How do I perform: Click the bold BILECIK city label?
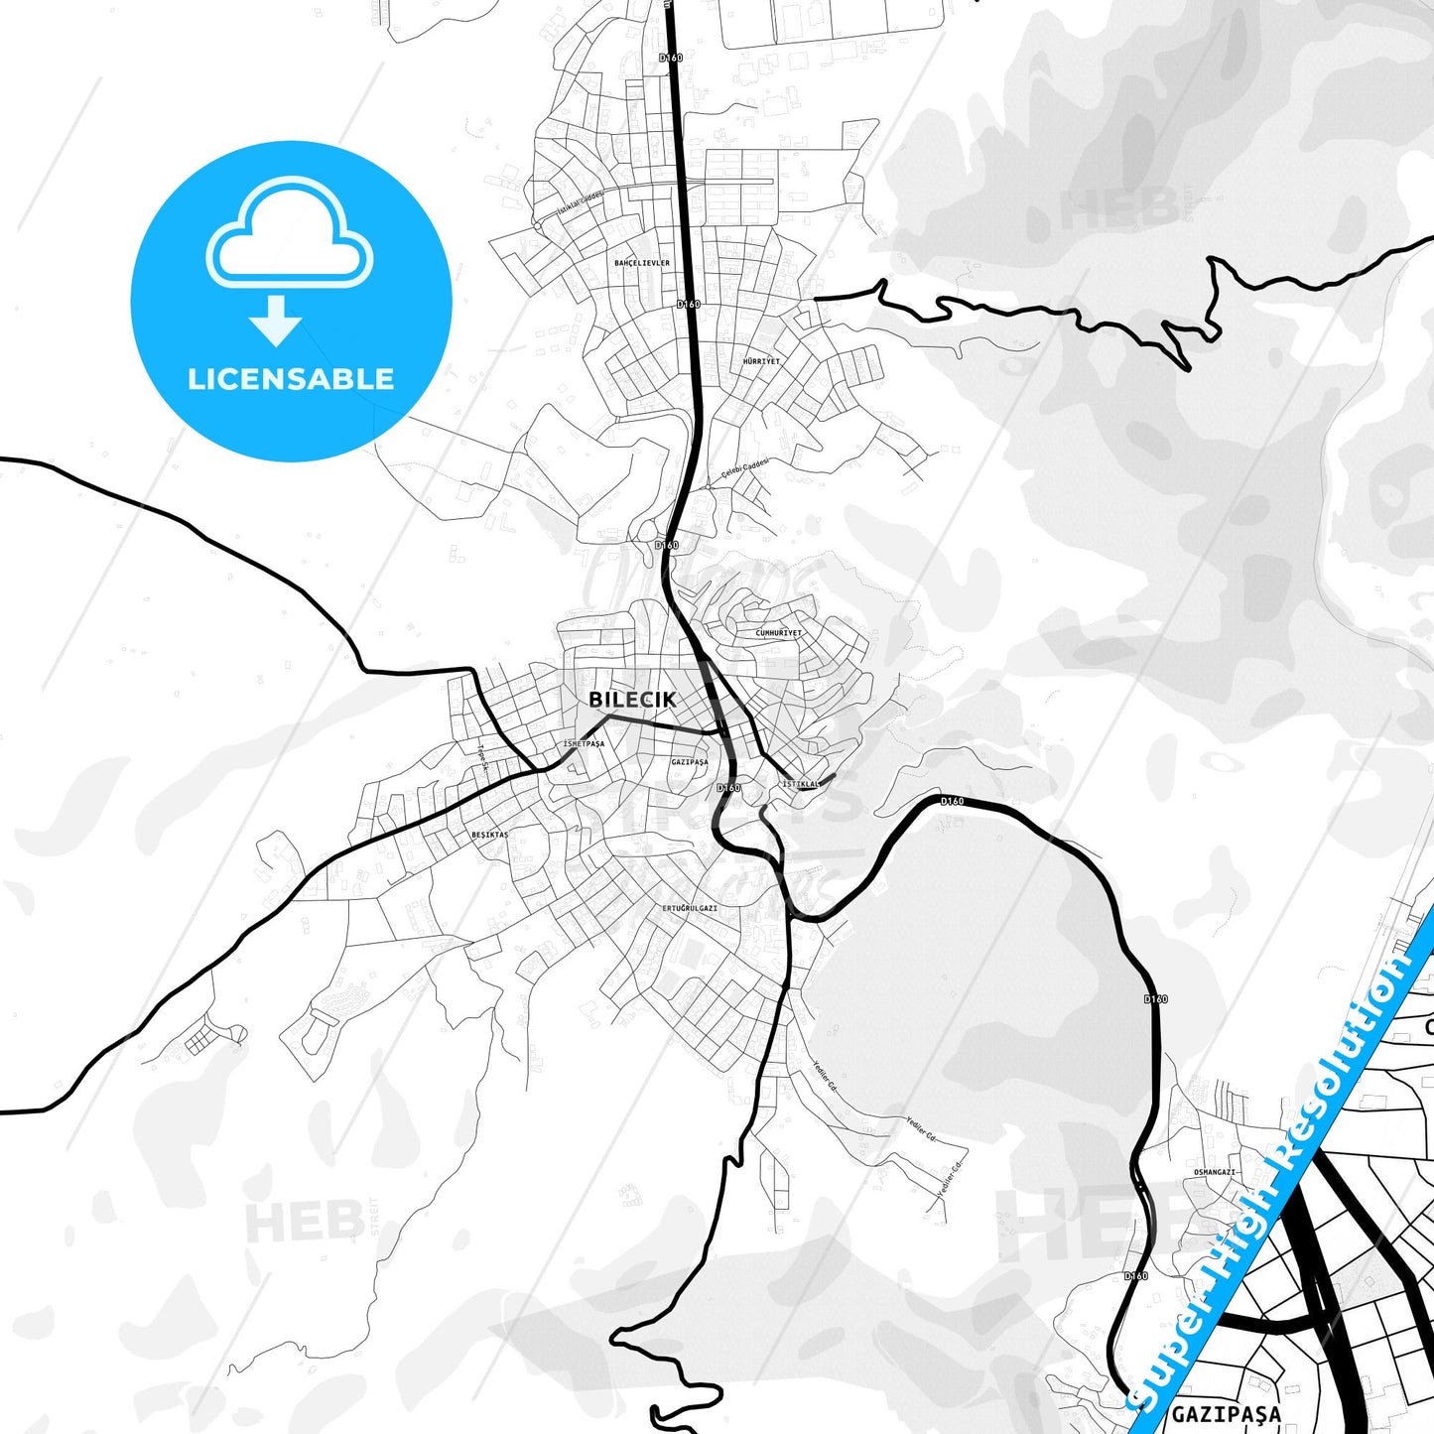point(632,700)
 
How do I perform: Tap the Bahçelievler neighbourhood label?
point(642,263)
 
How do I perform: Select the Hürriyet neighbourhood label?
point(761,361)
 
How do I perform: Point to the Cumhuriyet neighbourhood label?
point(778,632)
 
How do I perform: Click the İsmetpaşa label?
point(584,743)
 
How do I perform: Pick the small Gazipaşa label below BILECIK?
point(689,762)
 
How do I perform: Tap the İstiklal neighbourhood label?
point(801,784)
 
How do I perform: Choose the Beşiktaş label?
point(489,835)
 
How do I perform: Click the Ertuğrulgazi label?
point(690,908)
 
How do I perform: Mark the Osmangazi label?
point(1214,1172)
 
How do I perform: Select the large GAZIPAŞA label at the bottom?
point(1226,1413)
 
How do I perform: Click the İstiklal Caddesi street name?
point(581,203)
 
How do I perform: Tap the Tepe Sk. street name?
point(484,757)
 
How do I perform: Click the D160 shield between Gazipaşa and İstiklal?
point(728,788)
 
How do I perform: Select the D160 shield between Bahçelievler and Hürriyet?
point(688,304)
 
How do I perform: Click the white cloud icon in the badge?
point(289,236)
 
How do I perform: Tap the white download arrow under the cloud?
point(276,320)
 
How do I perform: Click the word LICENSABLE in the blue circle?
point(291,379)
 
